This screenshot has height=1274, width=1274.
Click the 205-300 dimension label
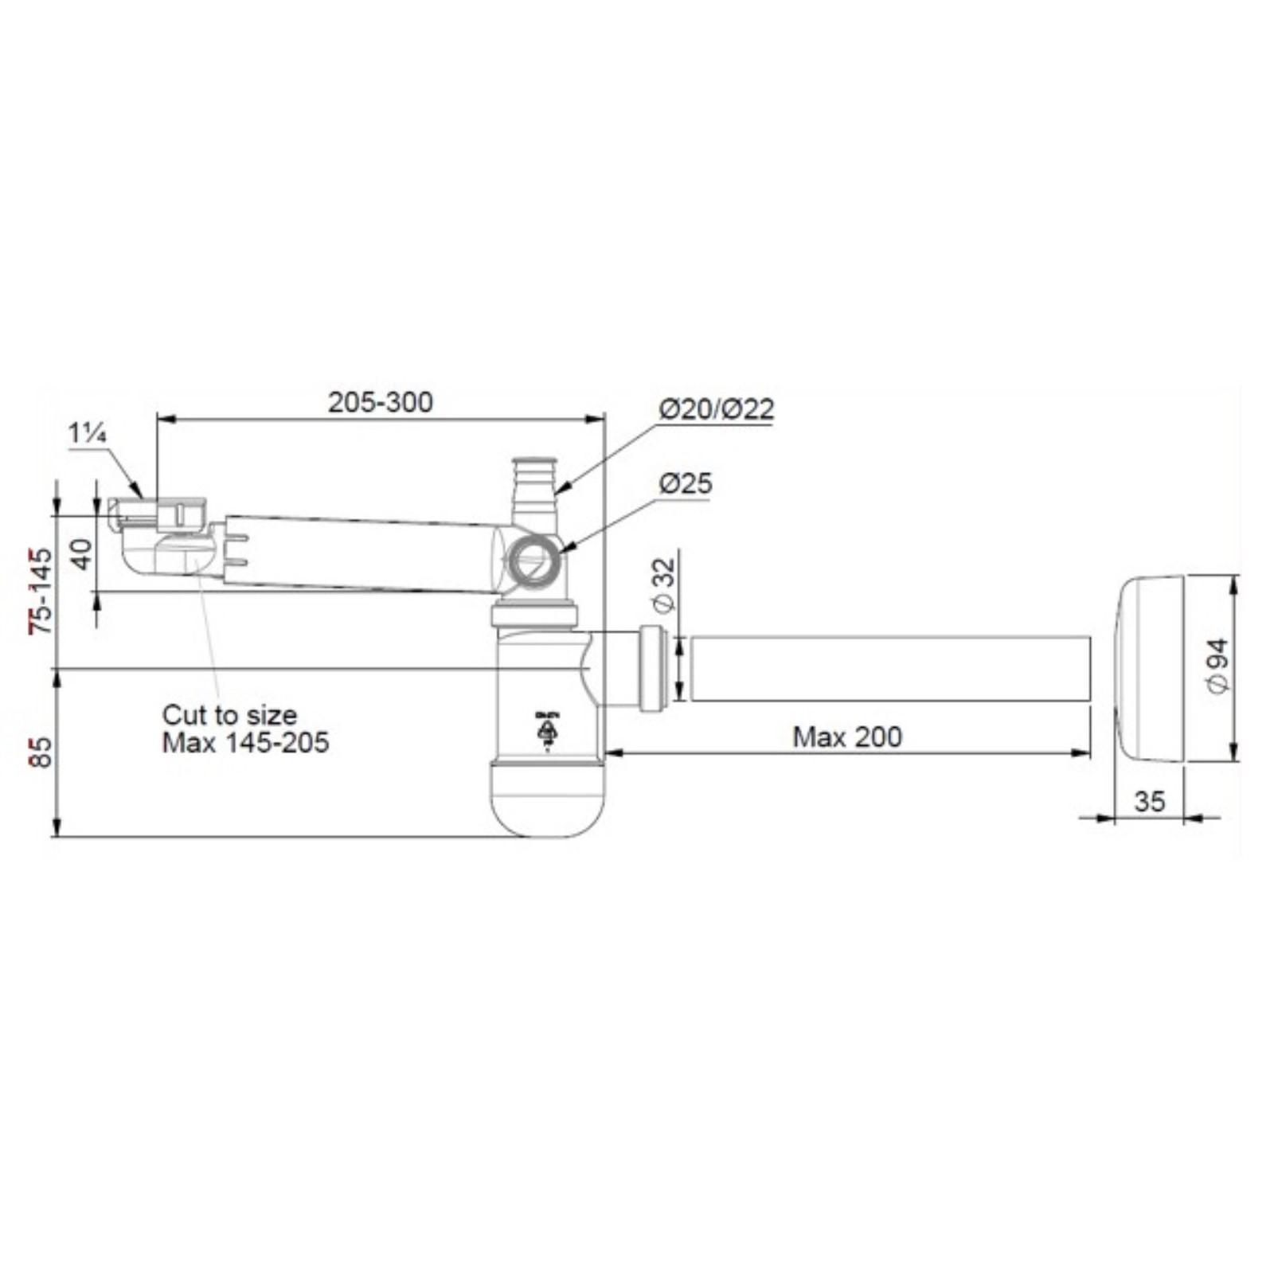[x=381, y=402]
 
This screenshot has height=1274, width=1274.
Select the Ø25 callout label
[x=686, y=483]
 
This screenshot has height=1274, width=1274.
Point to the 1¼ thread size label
[x=88, y=434]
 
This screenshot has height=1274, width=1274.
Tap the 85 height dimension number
[x=41, y=752]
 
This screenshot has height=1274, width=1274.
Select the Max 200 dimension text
[x=847, y=737]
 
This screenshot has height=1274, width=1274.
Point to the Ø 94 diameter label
[x=1218, y=666]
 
